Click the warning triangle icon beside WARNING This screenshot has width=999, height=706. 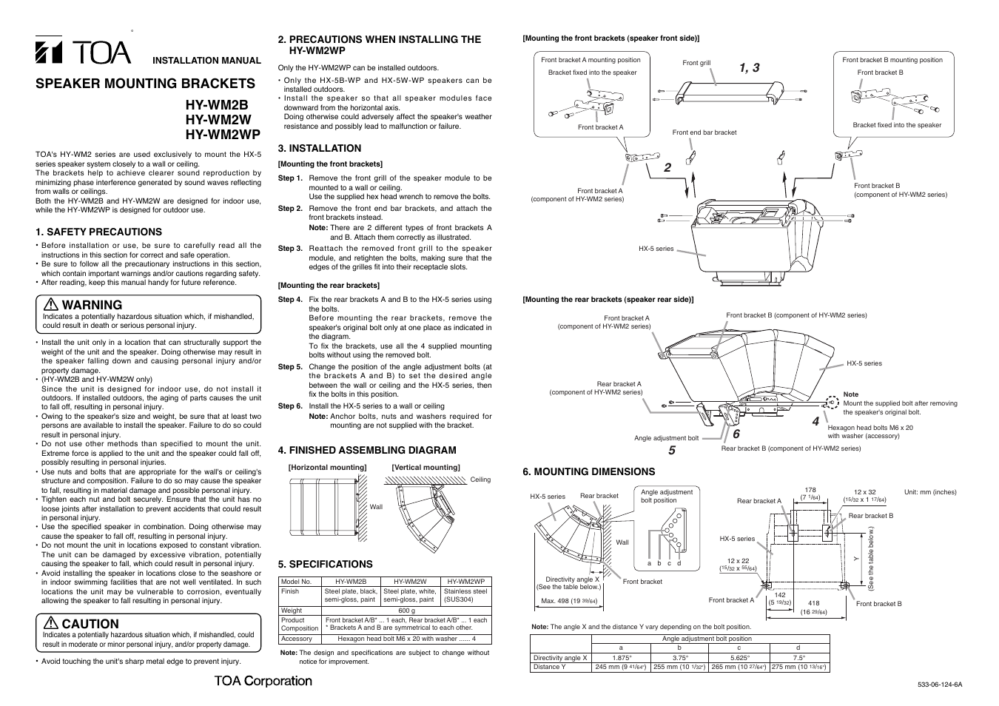coord(51,305)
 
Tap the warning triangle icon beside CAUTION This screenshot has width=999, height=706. coord(51,624)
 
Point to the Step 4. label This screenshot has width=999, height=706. coord(290,300)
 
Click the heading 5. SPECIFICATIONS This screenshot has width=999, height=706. coord(325,564)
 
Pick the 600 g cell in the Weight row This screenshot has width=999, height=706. coord(406,611)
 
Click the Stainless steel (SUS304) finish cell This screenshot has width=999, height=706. coord(465,596)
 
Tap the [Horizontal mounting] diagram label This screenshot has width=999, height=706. coord(327,467)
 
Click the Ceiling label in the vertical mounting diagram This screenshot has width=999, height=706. coord(480,480)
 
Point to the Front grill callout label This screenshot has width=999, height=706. coord(696,63)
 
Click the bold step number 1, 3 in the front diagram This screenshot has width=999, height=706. coord(748,67)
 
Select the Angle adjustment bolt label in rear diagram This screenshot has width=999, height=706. coord(666,438)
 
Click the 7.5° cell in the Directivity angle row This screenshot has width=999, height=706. coord(798,657)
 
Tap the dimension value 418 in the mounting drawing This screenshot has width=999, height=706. coord(813,603)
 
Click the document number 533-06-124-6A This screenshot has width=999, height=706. coord(939,685)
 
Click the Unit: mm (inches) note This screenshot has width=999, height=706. coord(930,492)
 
